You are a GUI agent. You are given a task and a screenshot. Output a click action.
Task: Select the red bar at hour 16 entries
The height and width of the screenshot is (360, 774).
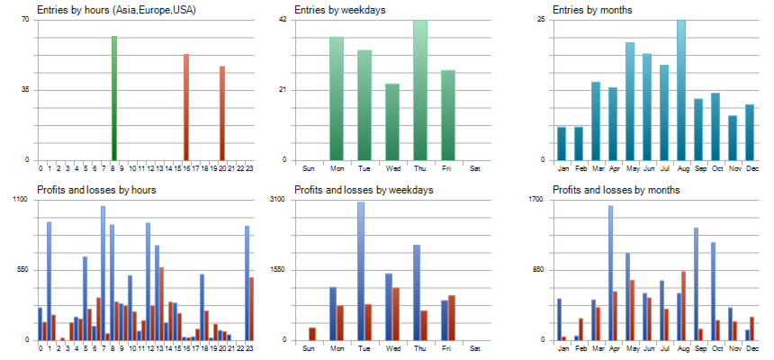coord(186,106)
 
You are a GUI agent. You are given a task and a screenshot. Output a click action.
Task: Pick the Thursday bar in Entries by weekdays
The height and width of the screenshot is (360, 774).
coord(420,90)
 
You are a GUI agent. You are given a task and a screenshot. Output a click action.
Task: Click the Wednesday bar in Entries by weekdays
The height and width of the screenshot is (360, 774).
coord(392,121)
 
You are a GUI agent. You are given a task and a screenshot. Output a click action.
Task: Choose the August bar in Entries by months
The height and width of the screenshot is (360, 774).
coord(681,90)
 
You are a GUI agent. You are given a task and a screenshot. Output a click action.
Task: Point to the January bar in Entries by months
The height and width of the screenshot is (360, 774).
coord(562,143)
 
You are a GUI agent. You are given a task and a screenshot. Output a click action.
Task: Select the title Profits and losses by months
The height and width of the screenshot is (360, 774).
coord(616,190)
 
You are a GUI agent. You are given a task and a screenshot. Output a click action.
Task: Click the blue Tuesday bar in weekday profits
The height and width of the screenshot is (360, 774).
coord(361,270)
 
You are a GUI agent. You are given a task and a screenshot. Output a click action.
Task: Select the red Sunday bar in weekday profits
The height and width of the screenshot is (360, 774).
coord(312,334)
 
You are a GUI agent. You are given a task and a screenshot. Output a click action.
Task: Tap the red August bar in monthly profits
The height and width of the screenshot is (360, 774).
coord(684,305)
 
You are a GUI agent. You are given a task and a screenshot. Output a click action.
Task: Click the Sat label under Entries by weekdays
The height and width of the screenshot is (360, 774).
coord(475,168)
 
